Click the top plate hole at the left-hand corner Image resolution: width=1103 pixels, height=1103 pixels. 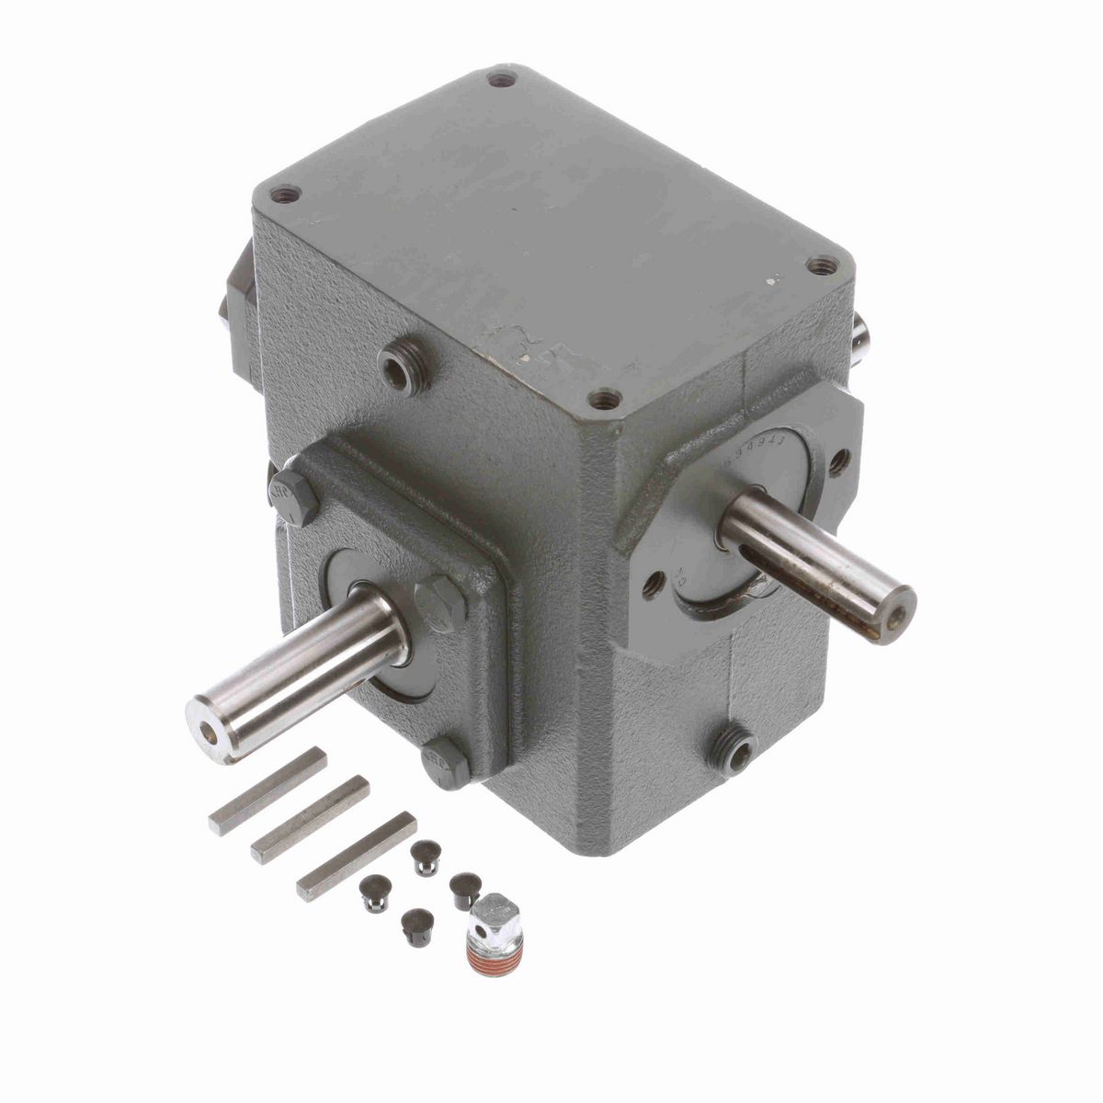287,195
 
